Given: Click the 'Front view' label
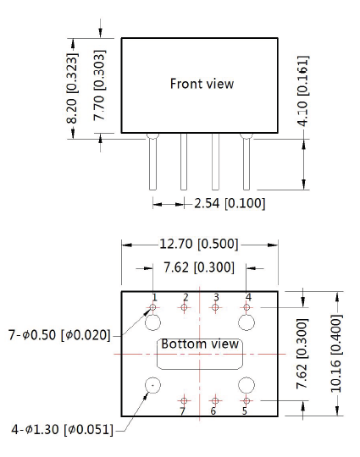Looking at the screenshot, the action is (x=202, y=84).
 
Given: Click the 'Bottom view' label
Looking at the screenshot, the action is (x=200, y=344).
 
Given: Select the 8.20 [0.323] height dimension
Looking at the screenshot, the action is (x=72, y=88).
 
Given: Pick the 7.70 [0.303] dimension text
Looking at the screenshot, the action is (x=99, y=85).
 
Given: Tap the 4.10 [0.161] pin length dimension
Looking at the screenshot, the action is (x=302, y=91).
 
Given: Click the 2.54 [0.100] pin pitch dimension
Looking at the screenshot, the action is (x=230, y=203).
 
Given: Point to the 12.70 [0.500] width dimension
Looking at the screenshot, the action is (x=199, y=244).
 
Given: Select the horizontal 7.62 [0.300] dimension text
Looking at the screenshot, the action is (x=199, y=267).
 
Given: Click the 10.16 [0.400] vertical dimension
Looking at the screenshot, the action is (x=336, y=354).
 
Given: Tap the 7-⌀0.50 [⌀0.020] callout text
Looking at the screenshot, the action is (x=60, y=335).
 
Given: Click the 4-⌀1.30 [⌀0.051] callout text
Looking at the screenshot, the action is (x=62, y=430).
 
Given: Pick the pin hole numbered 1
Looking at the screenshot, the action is (x=152, y=307).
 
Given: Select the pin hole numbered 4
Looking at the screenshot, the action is (x=246, y=307).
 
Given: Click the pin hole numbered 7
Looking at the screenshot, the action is (x=184, y=401).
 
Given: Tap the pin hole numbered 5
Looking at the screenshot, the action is (x=246, y=401).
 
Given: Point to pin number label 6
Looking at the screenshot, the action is (x=213, y=411).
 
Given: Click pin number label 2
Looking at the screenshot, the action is (x=186, y=297).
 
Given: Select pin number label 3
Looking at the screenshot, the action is (x=216, y=297).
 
